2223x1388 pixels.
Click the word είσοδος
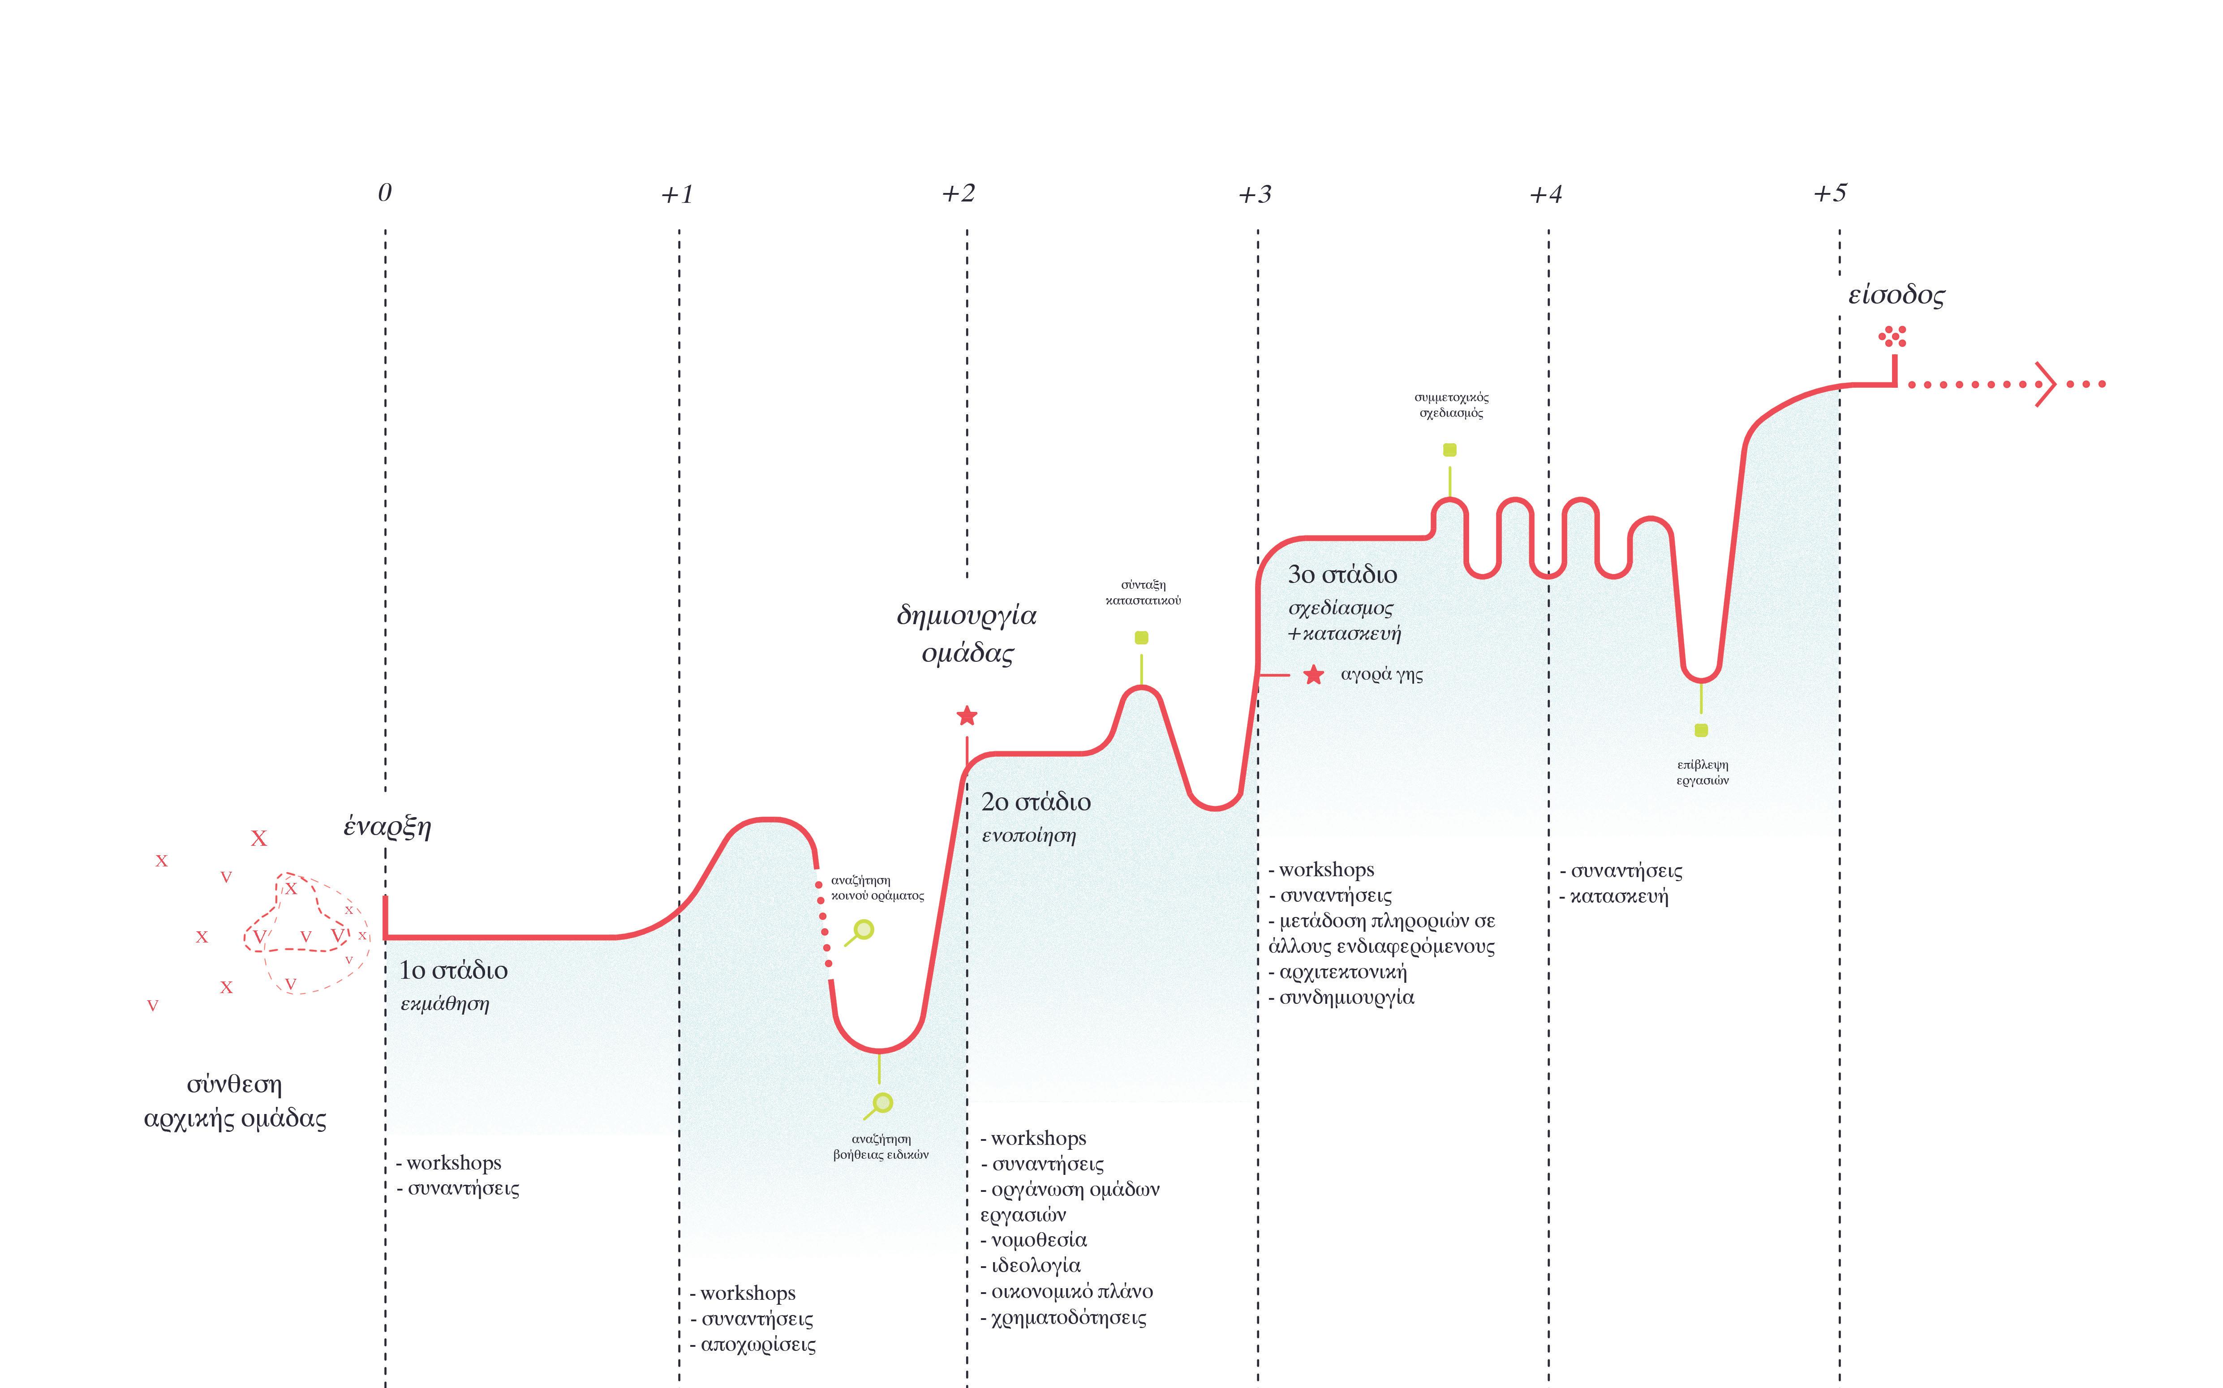click(x=1896, y=296)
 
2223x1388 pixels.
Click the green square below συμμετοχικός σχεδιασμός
click(x=1450, y=450)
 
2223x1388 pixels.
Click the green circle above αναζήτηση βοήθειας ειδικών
click(x=883, y=1101)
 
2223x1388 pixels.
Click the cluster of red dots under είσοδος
click(x=1892, y=337)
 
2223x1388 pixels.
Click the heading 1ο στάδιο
click(x=454, y=970)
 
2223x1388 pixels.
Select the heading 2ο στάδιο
click(x=1036, y=802)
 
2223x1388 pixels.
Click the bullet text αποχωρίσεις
click(x=757, y=1345)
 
